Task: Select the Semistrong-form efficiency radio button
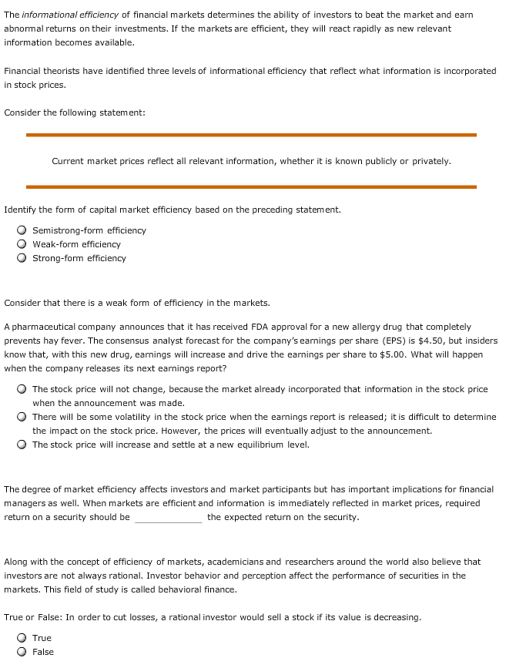click(22, 230)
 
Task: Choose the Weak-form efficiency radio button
click(22, 244)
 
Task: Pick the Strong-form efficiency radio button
click(22, 258)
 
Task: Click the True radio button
click(22, 638)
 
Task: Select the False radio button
click(22, 652)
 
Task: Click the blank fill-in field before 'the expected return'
click(168, 518)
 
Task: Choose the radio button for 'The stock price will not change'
click(22, 389)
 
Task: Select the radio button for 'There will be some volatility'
click(22, 417)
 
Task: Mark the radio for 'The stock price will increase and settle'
click(22, 445)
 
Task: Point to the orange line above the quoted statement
click(251, 135)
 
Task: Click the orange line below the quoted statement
click(251, 186)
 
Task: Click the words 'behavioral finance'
click(201, 589)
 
